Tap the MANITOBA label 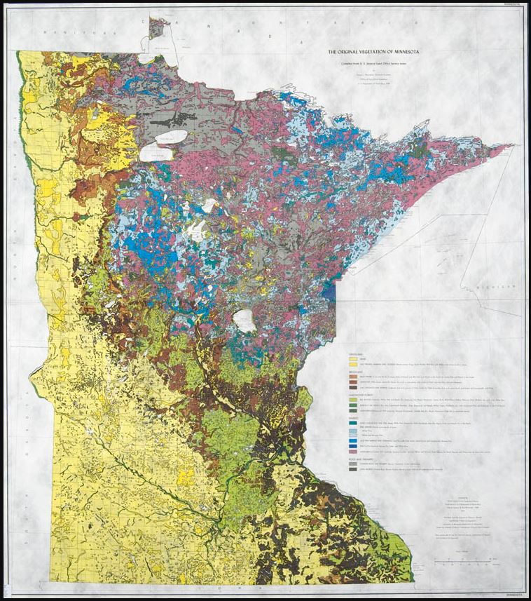click(62, 32)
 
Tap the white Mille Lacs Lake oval click(244, 321)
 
